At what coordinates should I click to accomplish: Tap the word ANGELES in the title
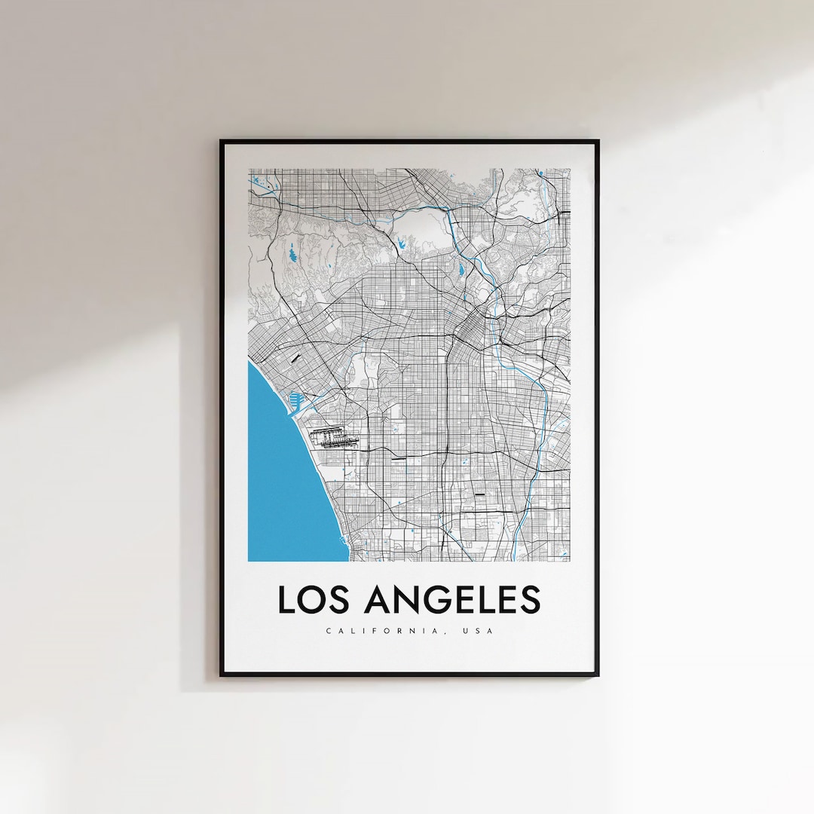point(452,599)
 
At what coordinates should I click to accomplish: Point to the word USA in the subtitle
point(480,631)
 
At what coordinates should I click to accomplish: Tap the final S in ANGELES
point(530,599)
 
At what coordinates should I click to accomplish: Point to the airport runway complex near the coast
point(332,438)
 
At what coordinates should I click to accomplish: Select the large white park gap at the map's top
point(419,226)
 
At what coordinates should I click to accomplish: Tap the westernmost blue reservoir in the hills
point(292,254)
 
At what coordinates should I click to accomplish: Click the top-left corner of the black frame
point(222,141)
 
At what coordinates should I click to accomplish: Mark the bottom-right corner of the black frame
point(598,674)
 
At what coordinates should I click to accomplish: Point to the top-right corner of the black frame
point(598,141)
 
